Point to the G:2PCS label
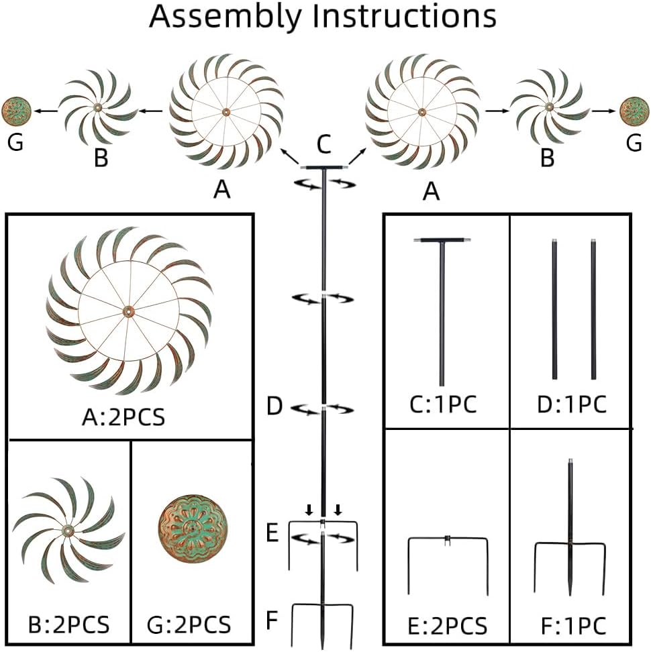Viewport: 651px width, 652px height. pyautogui.click(x=189, y=624)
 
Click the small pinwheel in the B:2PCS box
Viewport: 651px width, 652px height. pyautogui.click(x=68, y=530)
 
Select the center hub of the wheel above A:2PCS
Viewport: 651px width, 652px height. pyautogui.click(x=128, y=311)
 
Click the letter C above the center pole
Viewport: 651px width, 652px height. pyautogui.click(x=323, y=143)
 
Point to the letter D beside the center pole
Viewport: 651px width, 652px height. pyautogui.click(x=274, y=406)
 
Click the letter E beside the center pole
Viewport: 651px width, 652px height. pyautogui.click(x=272, y=534)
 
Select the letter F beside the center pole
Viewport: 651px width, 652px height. pyautogui.click(x=271, y=619)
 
